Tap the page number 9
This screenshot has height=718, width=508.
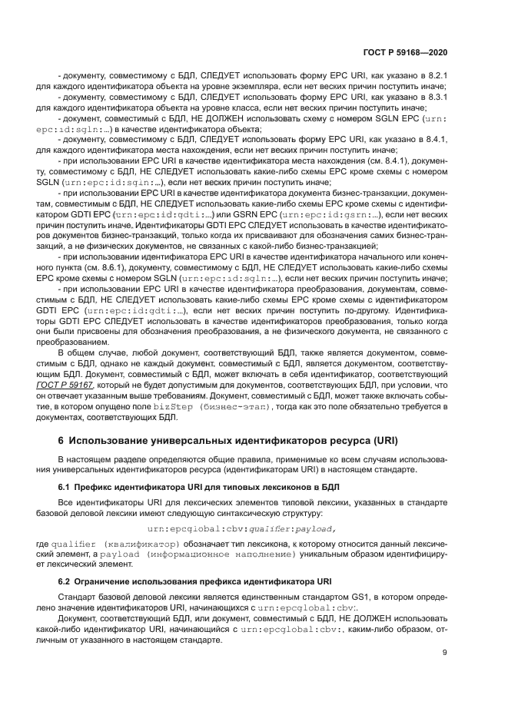pyautogui.click(x=446, y=653)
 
